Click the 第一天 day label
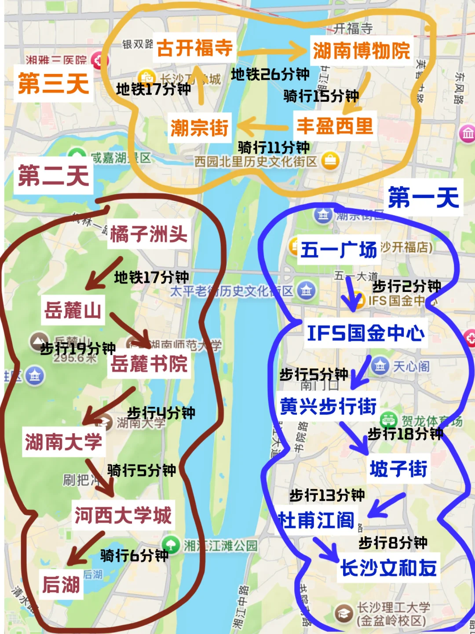[424, 197]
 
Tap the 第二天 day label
[54, 175]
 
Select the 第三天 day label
[54, 84]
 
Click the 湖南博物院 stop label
[361, 50]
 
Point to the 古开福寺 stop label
[194, 48]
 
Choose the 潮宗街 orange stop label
[199, 128]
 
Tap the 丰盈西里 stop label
[335, 126]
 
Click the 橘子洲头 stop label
[149, 234]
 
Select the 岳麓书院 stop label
[149, 364]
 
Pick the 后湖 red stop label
[61, 585]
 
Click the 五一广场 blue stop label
[339, 250]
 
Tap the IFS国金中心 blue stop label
[365, 333]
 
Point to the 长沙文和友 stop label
[388, 568]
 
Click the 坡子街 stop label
[398, 468]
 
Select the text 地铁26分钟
[270, 74]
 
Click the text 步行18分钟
[405, 434]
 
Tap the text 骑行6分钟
[134, 556]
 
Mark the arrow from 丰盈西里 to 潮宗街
[263, 127]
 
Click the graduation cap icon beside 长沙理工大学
[343, 613]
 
